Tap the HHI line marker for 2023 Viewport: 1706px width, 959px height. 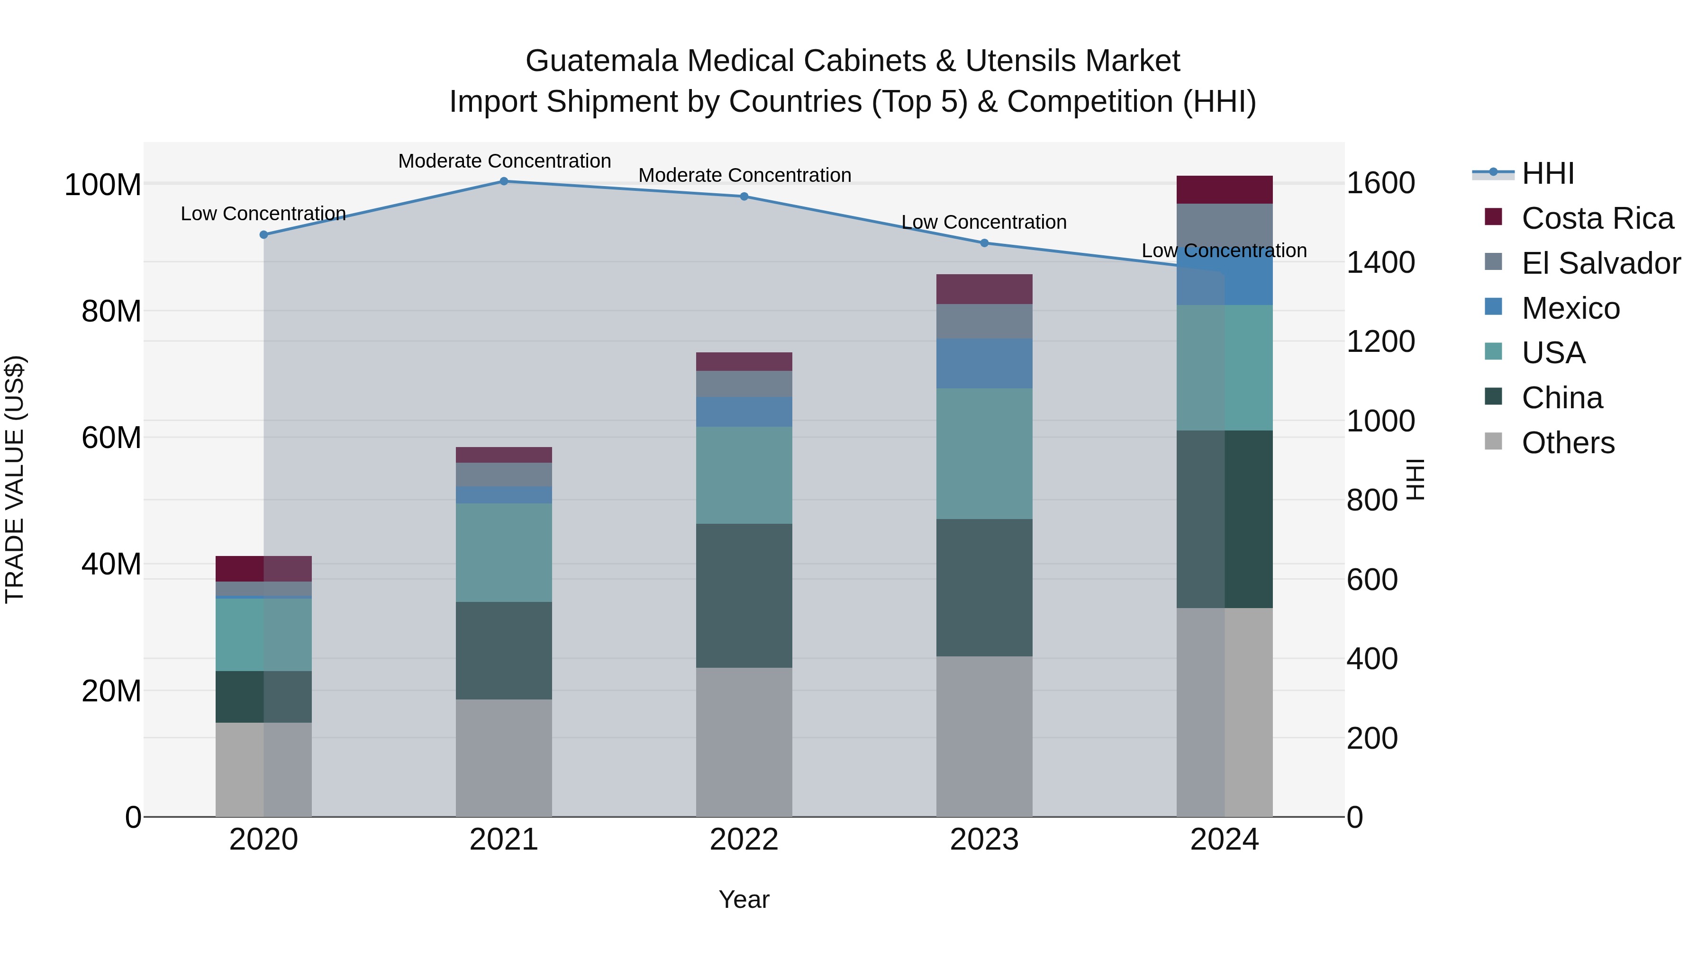[x=984, y=243]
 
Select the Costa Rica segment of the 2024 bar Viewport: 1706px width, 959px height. [x=1224, y=190]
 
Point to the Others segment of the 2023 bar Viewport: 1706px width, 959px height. [x=984, y=736]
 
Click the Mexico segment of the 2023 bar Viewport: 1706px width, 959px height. [x=984, y=363]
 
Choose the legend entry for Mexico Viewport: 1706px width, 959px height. [x=1570, y=308]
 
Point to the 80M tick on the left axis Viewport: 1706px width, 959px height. [x=111, y=311]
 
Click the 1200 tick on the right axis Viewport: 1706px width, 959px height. [x=1381, y=341]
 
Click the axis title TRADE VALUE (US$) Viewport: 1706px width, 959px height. [x=15, y=479]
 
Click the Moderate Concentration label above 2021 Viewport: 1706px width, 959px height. [x=504, y=161]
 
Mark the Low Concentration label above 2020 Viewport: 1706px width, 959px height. [x=263, y=214]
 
